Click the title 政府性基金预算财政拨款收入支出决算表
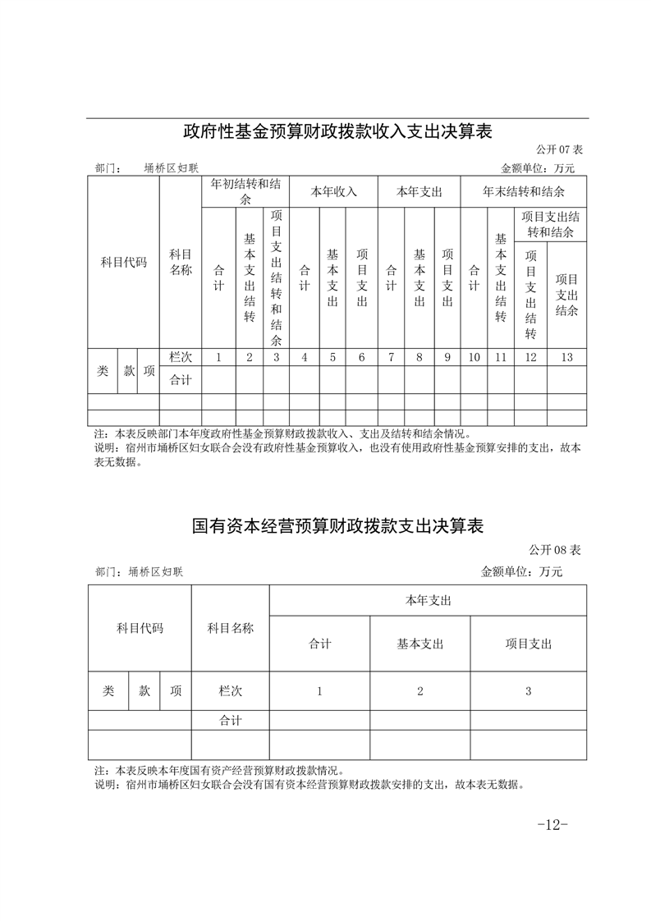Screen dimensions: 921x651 point(337,131)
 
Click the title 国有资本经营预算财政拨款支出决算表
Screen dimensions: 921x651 point(337,526)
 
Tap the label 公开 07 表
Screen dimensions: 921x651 point(559,150)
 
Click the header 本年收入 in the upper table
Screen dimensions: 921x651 point(333,191)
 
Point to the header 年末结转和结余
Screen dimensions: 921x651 point(523,191)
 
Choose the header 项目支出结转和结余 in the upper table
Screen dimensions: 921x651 point(551,224)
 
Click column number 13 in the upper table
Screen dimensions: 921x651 point(566,357)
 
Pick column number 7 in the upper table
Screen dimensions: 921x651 point(391,357)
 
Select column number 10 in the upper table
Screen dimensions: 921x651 point(474,357)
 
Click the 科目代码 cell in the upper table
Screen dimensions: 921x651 point(123,263)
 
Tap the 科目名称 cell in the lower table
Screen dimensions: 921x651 point(230,629)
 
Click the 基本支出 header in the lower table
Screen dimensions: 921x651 point(419,644)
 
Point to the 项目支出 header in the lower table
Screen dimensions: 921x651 point(529,644)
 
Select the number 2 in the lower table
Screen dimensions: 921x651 point(419,691)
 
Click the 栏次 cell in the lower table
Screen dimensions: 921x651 point(230,691)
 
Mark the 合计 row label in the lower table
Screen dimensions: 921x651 point(230,721)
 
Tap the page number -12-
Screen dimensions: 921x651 point(552,824)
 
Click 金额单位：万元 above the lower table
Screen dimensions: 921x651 point(521,571)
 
